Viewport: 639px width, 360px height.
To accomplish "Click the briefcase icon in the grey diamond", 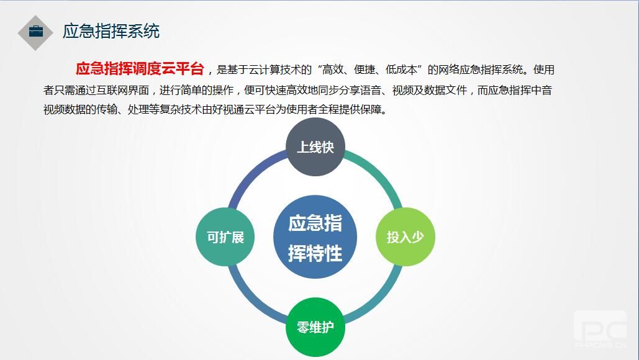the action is click(x=36, y=32).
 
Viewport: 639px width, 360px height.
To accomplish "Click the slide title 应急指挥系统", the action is click(x=111, y=32).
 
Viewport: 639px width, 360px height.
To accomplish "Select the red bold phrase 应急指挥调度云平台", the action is click(x=140, y=68).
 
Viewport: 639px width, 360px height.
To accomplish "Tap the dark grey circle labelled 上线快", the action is click(x=315, y=146).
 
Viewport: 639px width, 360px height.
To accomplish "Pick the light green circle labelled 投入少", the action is click(x=405, y=236).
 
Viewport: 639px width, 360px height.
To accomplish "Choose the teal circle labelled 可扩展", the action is click(x=225, y=237).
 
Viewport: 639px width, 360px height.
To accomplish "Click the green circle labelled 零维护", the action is click(x=315, y=327).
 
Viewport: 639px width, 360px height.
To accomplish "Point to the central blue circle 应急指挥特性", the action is click(x=315, y=237).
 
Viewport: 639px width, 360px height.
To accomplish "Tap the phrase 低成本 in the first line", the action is click(x=401, y=70).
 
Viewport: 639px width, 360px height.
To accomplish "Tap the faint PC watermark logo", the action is click(x=600, y=329).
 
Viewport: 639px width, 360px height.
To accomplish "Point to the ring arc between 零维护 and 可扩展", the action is click(x=252, y=301).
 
